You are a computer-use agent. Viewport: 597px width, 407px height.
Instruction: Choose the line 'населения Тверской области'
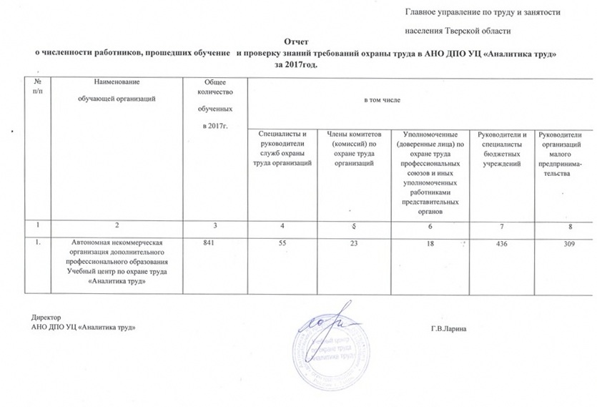[458, 31]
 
